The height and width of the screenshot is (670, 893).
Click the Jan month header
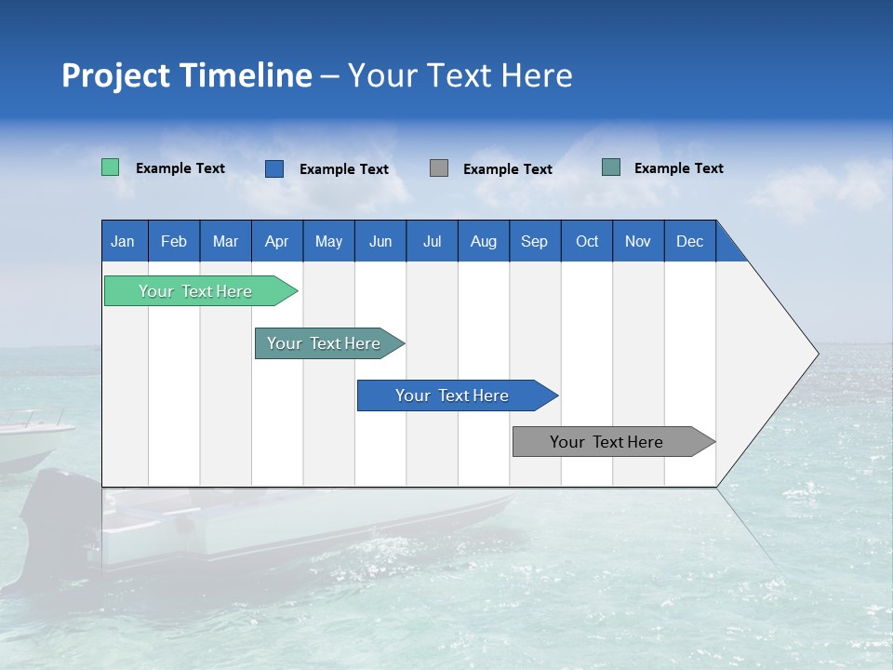124,241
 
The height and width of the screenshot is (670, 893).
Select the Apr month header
277,241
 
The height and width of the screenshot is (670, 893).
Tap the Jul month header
432,241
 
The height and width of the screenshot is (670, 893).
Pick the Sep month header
534,241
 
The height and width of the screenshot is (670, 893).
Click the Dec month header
689,241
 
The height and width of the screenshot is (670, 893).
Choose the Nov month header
637,241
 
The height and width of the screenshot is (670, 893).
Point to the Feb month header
174,241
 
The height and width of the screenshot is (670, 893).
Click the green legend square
111,167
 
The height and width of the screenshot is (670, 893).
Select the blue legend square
274,168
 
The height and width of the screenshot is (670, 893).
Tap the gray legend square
439,168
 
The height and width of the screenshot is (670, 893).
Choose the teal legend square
611,167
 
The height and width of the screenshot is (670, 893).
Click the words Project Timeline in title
186,75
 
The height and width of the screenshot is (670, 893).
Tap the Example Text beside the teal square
678,168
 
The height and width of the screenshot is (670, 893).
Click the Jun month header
380,241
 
